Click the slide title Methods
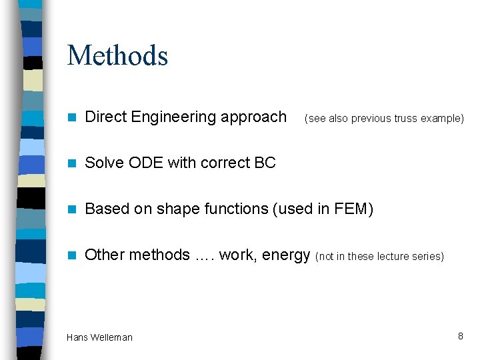pyautogui.click(x=117, y=55)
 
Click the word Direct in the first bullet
pyautogui.click(x=107, y=117)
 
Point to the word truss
pyautogui.click(x=407, y=119)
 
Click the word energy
pyautogui.click(x=286, y=255)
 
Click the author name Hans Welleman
pyautogui.click(x=99, y=337)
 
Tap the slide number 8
pyautogui.click(x=460, y=336)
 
